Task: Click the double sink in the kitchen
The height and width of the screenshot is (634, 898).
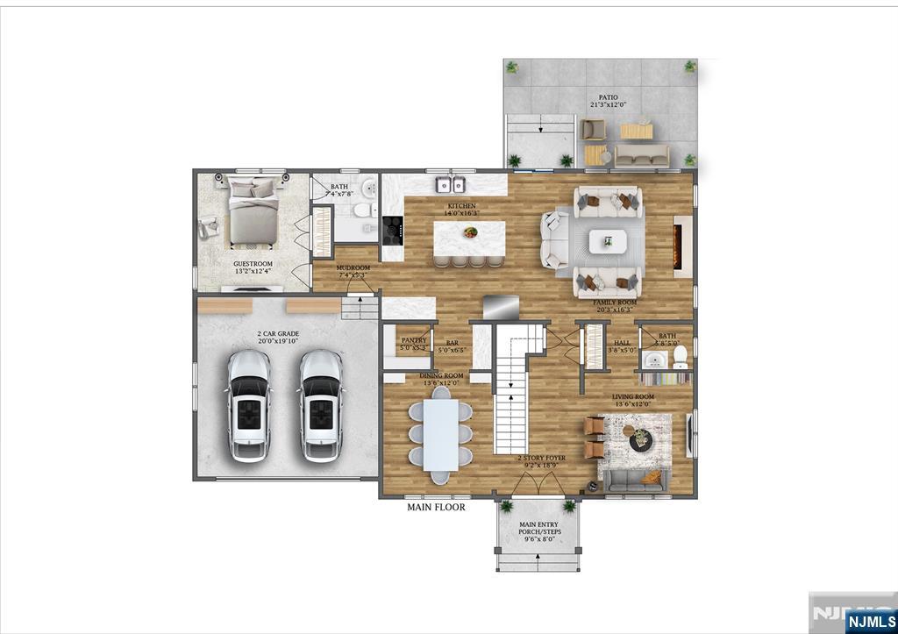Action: click(452, 185)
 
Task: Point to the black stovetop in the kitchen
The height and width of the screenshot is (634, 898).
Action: click(391, 232)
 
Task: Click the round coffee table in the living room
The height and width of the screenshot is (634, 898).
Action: click(641, 439)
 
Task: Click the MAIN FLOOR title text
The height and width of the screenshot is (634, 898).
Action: click(436, 507)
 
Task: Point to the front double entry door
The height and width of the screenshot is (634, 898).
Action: click(538, 483)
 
